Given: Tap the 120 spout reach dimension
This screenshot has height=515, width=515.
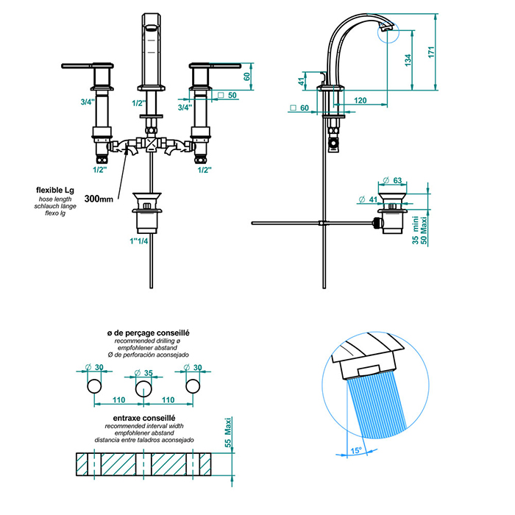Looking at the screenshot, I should (x=360, y=99).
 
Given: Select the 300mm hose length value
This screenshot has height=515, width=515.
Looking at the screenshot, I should (x=98, y=199).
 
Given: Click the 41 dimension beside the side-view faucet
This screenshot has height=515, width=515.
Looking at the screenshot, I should (x=302, y=82).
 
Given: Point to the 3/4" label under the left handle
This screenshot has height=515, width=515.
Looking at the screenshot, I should (x=88, y=102).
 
